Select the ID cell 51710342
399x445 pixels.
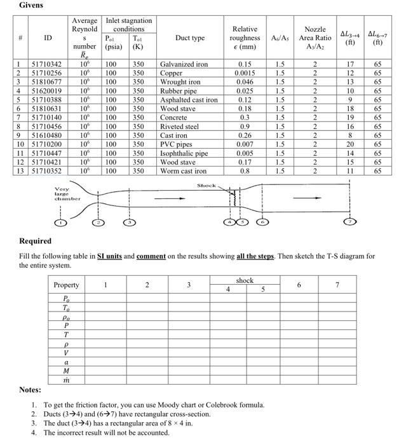click(46, 64)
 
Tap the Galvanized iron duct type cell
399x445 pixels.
click(184, 64)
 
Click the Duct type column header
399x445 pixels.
click(189, 38)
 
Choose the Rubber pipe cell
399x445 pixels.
click(178, 91)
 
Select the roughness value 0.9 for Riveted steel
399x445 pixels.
click(245, 127)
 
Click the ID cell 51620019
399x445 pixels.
click(46, 91)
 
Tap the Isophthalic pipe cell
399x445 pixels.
click(184, 153)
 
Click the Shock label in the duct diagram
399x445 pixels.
click(206, 186)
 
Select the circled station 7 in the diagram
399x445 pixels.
click(349, 223)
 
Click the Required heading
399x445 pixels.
click(35, 241)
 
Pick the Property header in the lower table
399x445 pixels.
click(66, 285)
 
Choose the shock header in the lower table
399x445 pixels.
click(244, 280)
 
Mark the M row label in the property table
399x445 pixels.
click(66, 371)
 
